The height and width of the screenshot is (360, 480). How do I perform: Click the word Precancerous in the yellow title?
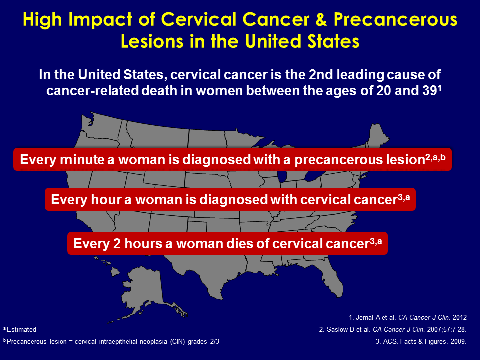pyautogui.click(x=396, y=20)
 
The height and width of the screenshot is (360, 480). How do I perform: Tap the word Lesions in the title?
pyautogui.click(x=152, y=41)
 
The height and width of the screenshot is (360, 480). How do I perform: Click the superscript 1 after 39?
pyautogui.click(x=440, y=88)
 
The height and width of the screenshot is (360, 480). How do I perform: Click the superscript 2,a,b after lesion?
pyautogui.click(x=435, y=157)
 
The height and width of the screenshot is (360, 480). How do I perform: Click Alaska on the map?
pyautogui.click(x=144, y=291)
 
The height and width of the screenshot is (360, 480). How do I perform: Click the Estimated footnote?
pyautogui.click(x=20, y=329)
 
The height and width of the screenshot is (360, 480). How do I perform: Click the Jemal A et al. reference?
pyautogui.click(x=408, y=318)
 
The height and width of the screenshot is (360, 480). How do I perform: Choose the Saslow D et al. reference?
pyautogui.click(x=393, y=329)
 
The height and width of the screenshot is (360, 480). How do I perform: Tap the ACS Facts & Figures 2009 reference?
pyautogui.click(x=421, y=341)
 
